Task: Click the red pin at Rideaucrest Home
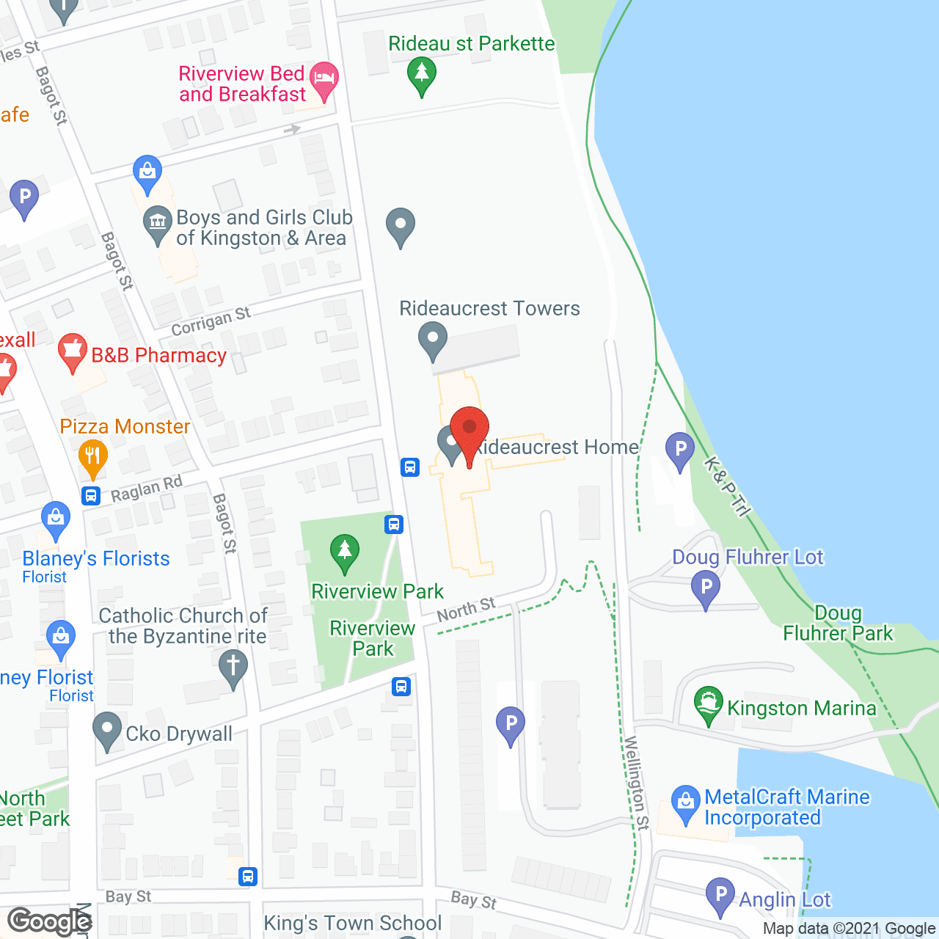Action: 469,429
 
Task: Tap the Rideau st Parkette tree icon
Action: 422,73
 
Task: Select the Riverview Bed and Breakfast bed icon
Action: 324,78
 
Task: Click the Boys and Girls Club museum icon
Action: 158,222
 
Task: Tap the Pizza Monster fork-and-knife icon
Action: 93,456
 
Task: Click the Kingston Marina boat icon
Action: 709,704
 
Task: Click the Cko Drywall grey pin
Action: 108,730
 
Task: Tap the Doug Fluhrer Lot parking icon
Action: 706,588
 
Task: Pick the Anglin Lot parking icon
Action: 720,895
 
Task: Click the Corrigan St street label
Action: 211,322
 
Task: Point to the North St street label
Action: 467,609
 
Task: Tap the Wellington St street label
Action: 637,783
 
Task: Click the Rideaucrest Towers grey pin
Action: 433,339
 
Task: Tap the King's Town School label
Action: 353,923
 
